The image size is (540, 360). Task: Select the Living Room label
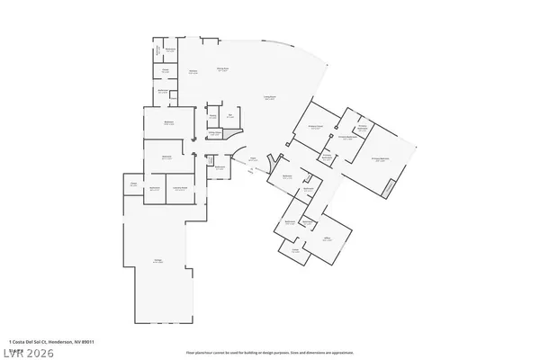coord(268,98)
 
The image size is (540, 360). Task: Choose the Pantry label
coord(213,116)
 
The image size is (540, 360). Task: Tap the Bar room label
coord(230,115)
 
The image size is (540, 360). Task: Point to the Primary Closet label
coord(315,129)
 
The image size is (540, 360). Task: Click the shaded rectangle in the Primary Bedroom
coord(389,187)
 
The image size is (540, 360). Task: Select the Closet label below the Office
coord(295,251)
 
